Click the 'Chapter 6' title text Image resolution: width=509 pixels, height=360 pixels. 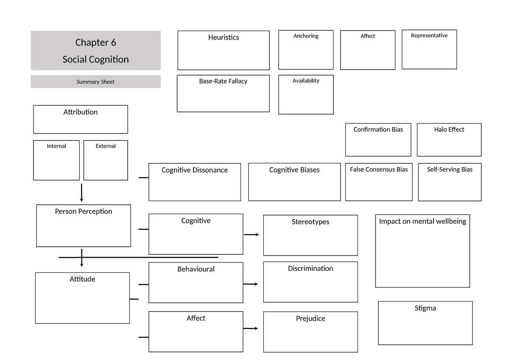click(95, 42)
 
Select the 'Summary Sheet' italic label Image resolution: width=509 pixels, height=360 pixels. click(95, 82)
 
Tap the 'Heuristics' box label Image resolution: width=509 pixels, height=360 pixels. click(223, 37)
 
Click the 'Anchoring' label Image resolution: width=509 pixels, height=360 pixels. click(306, 36)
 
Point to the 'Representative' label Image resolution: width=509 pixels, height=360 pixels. click(429, 36)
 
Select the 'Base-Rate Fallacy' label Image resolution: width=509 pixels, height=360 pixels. click(223, 81)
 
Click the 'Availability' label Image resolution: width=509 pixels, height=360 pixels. click(306, 81)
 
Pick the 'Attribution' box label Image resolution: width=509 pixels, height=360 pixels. click(81, 112)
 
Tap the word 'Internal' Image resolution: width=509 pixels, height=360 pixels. click(56, 146)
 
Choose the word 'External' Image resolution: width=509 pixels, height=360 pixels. click(106, 146)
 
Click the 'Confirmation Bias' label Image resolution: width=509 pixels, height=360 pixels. click(378, 129)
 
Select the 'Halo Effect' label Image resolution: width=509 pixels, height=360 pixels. click(449, 129)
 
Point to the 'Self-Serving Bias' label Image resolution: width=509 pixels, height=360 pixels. click(450, 169)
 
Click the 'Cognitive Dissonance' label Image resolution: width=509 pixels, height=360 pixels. click(195, 170)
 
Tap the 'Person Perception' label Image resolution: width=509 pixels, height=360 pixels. click(84, 211)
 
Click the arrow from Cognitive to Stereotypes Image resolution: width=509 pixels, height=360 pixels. click(252, 234)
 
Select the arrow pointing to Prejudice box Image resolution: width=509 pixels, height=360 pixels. click(251, 329)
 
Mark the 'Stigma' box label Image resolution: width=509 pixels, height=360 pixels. click(425, 308)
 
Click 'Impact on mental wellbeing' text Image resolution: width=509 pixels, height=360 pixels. click(422, 221)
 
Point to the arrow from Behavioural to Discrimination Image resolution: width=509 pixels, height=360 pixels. click(251, 284)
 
